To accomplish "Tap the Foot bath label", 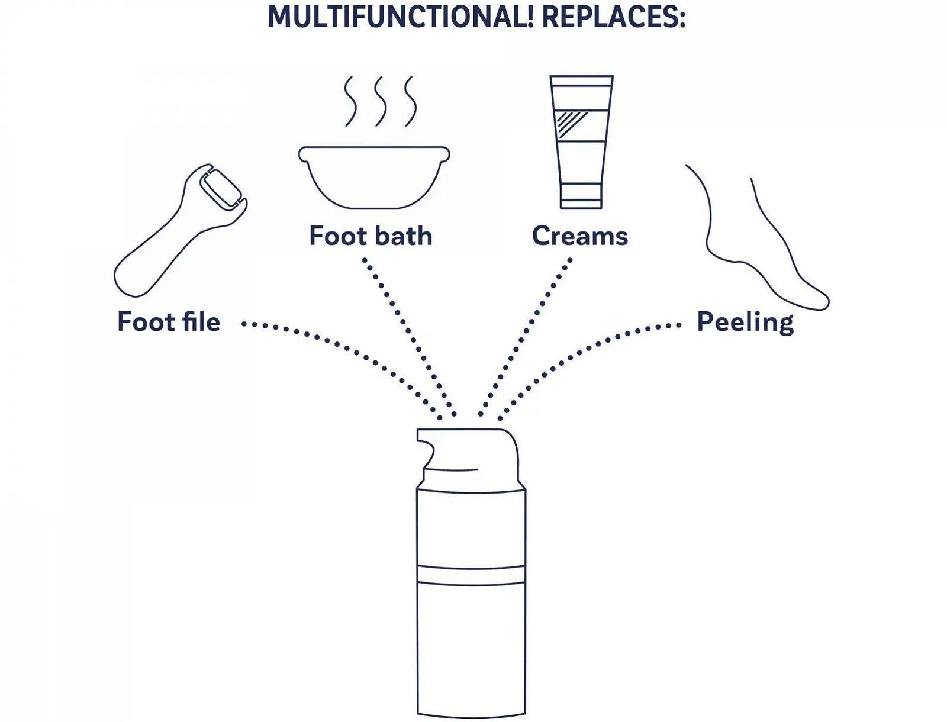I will pyautogui.click(x=371, y=236).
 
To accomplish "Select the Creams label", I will pyautogui.click(x=579, y=236).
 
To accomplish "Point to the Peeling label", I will pyautogui.click(x=745, y=322).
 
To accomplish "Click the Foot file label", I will pyautogui.click(x=169, y=322).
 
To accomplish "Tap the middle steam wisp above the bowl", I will pyautogui.click(x=380, y=101).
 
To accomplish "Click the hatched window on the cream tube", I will pyautogui.click(x=572, y=125).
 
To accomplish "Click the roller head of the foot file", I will pyautogui.click(x=220, y=189).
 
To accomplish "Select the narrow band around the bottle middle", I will pyautogui.click(x=471, y=575).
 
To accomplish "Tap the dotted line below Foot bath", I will pyautogui.click(x=408, y=331).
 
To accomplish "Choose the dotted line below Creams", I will pyautogui.click(x=527, y=331).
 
